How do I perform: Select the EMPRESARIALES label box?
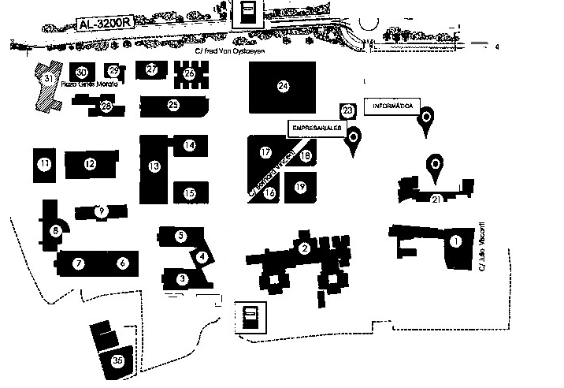(316, 126)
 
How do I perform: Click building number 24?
(283, 86)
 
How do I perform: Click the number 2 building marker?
(303, 249)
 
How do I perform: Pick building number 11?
(45, 164)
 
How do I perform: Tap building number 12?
(90, 164)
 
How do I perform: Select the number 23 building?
(347, 110)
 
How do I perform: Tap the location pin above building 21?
(433, 165)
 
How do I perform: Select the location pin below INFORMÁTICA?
(426, 118)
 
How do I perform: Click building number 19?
(299, 187)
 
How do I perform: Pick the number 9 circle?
(100, 211)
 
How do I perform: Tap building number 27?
(152, 69)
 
